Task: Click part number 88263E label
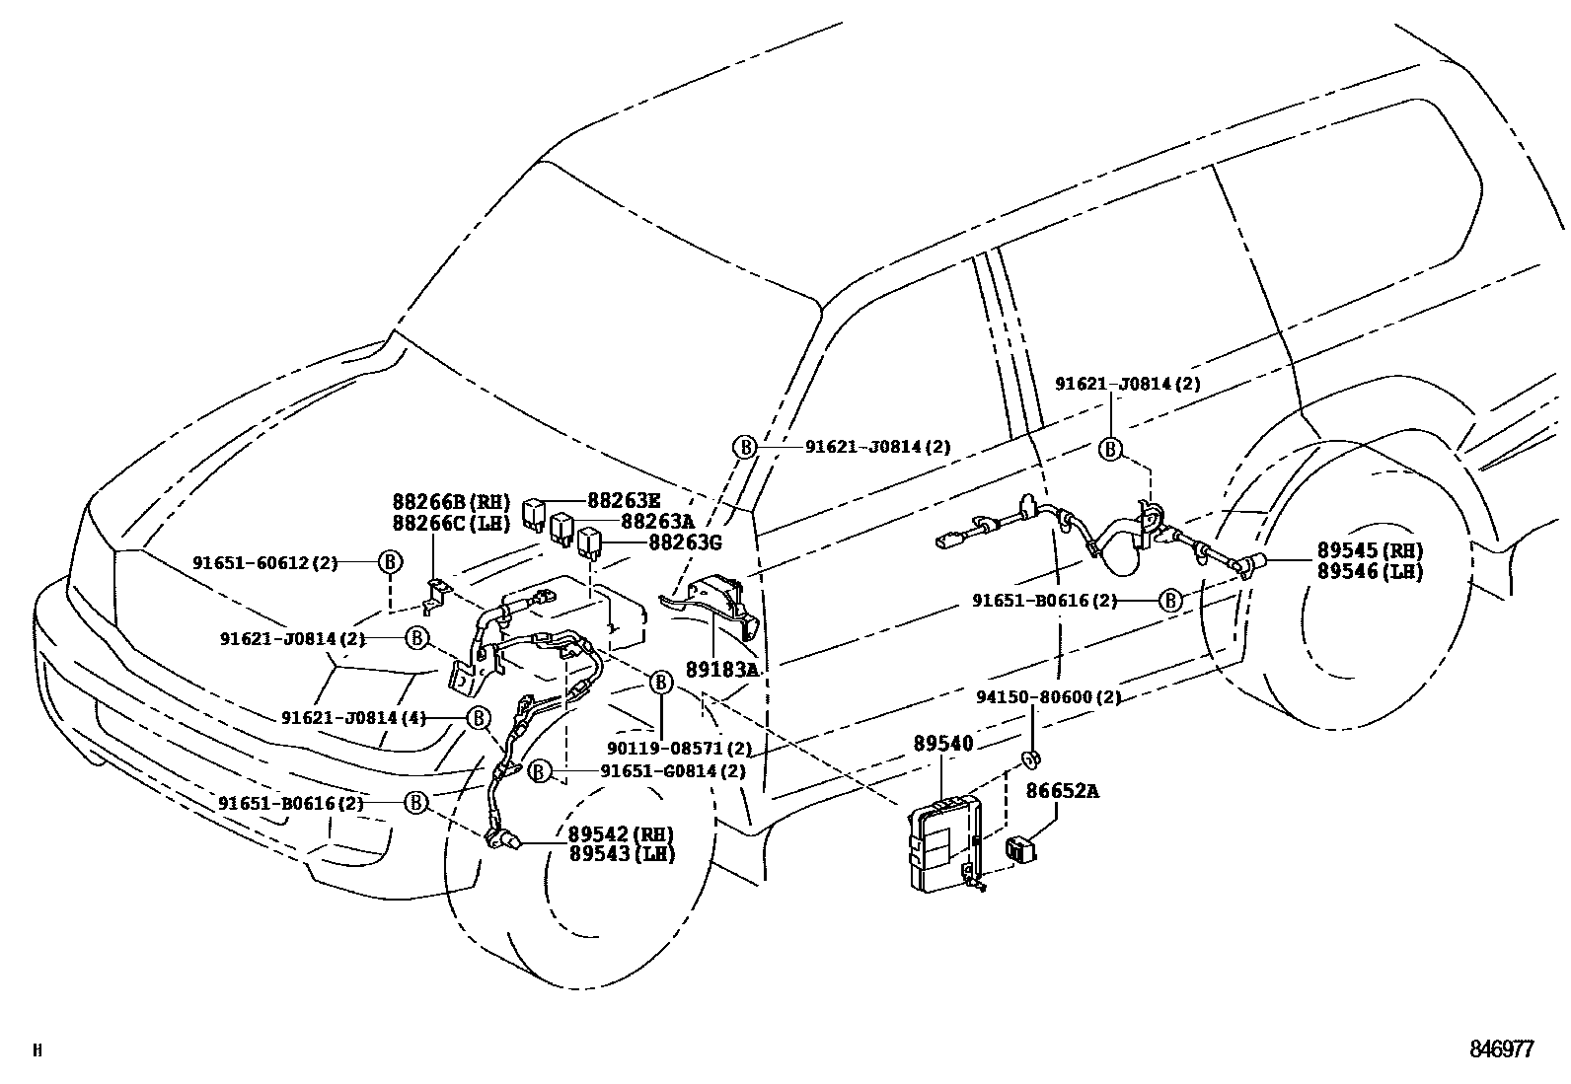[625, 500]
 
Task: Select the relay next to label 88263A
[563, 528]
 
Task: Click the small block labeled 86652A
[1021, 848]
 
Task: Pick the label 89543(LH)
[622, 854]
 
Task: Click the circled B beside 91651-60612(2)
[391, 562]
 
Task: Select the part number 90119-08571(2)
[666, 749]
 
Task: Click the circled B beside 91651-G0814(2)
[539, 771]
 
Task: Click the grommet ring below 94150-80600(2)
[1031, 759]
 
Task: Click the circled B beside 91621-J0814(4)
[479, 717]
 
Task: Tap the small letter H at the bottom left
[37, 1051]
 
